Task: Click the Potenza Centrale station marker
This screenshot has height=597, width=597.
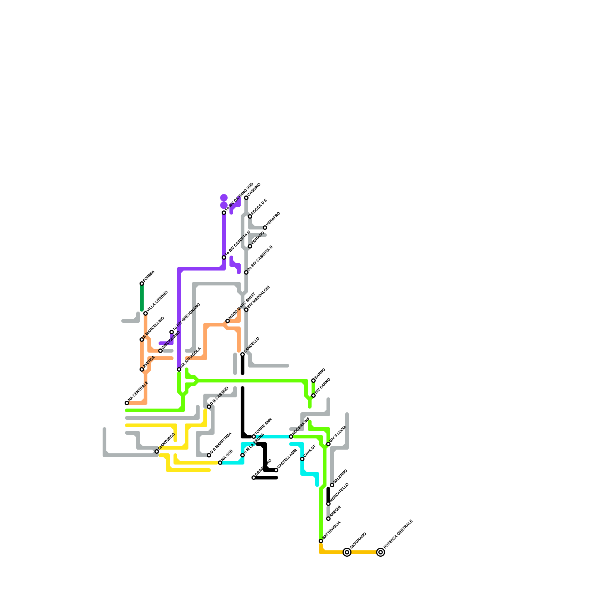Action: pos(381,552)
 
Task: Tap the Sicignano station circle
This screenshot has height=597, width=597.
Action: pos(347,552)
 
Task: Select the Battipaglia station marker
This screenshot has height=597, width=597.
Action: pos(321,541)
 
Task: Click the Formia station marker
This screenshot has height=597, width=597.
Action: pos(142,284)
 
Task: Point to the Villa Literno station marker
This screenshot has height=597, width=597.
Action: pos(146,313)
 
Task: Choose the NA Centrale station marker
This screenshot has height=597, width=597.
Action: pos(127,403)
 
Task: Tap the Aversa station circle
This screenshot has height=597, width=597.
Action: pos(142,369)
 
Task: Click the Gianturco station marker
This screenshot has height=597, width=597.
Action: pos(157,451)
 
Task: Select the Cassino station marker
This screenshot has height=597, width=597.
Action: pos(246,198)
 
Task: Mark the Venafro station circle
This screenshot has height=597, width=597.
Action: pos(265,228)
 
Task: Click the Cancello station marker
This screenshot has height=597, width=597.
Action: pos(243,354)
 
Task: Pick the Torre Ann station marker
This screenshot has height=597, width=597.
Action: pos(254,437)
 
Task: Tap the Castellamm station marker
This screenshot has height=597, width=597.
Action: pos(276,470)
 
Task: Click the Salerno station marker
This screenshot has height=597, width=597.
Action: pos(332,485)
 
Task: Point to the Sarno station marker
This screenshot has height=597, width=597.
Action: pos(313,381)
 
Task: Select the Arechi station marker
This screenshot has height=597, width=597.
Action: pos(328,519)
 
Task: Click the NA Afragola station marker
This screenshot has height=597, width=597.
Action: pos(179,369)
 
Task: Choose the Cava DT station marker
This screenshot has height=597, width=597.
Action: pos(302,459)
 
